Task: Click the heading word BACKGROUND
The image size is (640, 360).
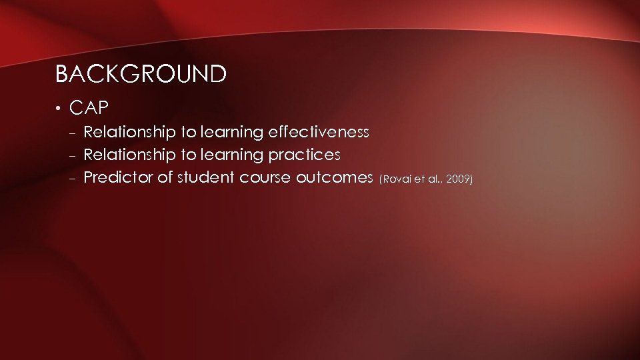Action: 141,74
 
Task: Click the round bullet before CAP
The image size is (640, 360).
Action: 59,108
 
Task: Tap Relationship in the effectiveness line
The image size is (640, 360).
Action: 127,133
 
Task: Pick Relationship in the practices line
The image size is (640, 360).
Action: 127,155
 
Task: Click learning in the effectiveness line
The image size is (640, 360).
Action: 231,133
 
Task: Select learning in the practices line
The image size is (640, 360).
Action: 231,155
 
